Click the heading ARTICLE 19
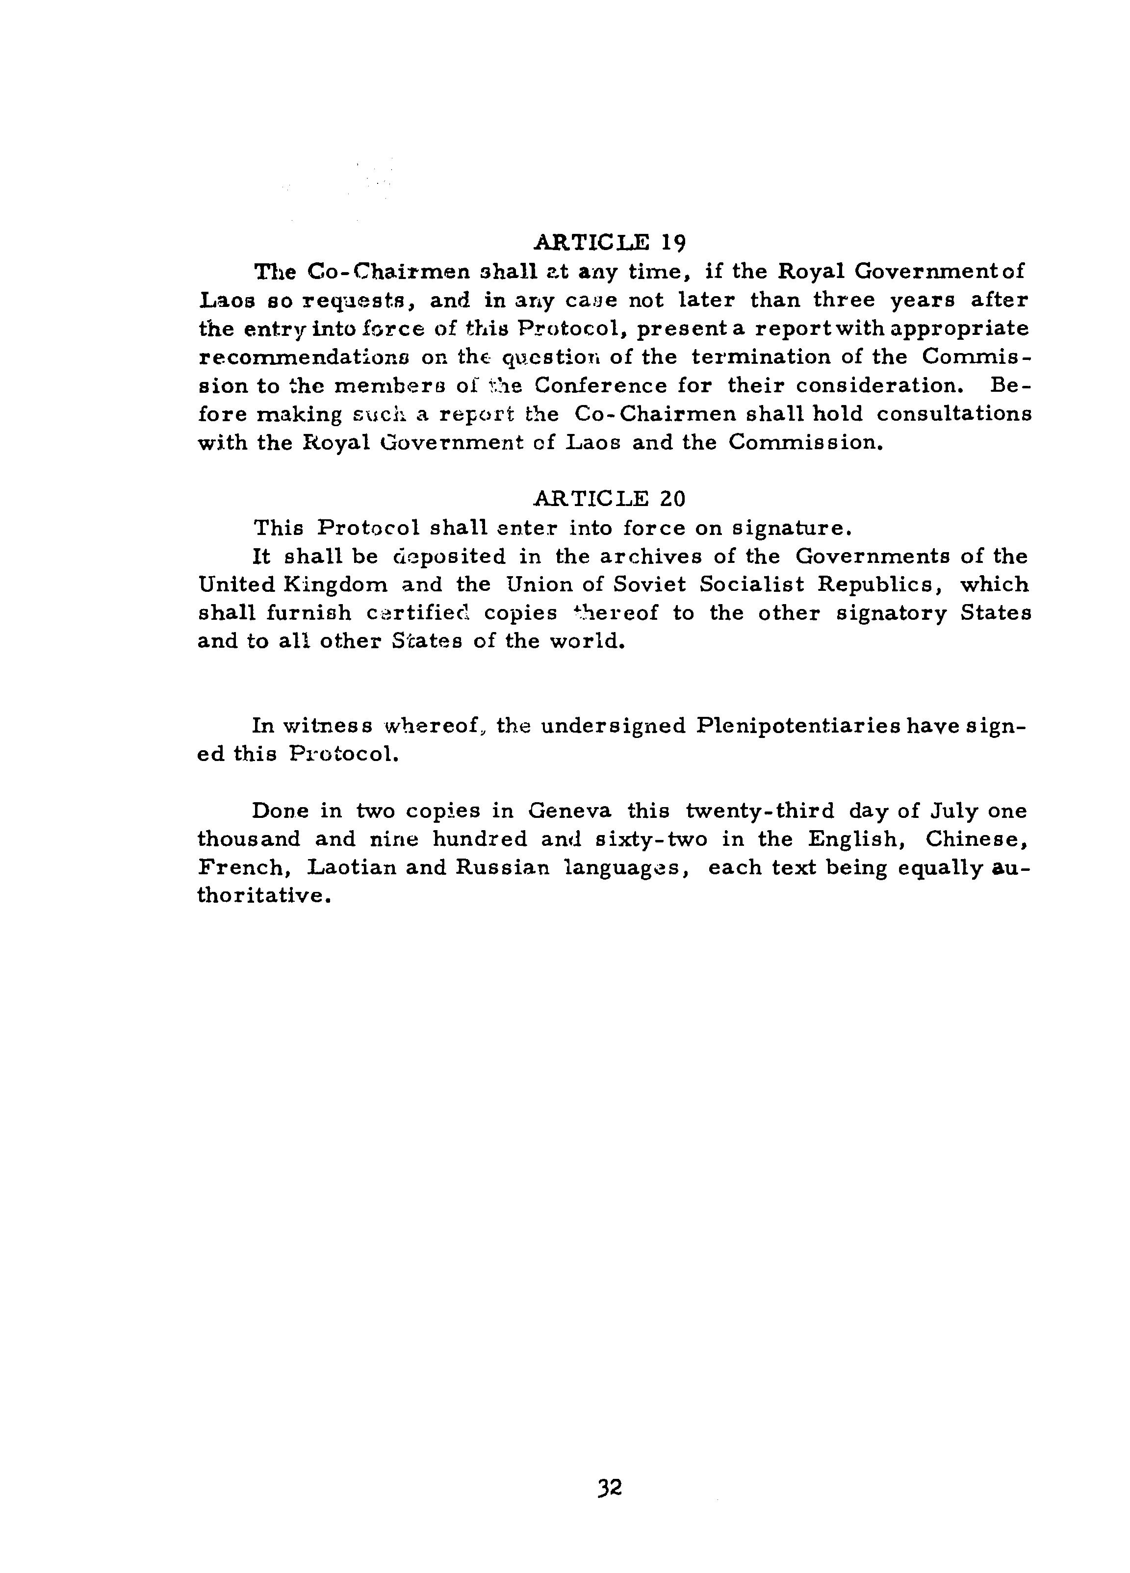pos(609,242)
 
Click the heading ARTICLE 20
pos(609,499)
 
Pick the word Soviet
pos(648,584)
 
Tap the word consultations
pos(954,414)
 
